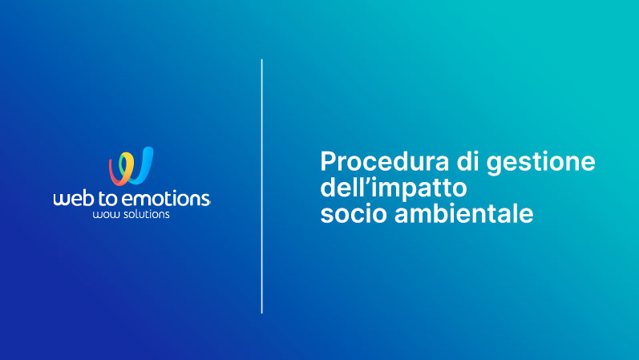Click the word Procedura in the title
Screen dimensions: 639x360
tap(384, 161)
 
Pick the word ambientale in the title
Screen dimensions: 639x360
tap(463, 213)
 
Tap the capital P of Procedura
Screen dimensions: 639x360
tap(328, 161)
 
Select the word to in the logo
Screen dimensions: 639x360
tap(109, 199)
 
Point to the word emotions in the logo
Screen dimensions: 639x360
tap(166, 199)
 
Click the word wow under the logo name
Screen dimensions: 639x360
tap(102, 215)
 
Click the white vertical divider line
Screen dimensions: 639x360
tap(261, 186)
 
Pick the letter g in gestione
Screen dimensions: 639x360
tap(494, 166)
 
